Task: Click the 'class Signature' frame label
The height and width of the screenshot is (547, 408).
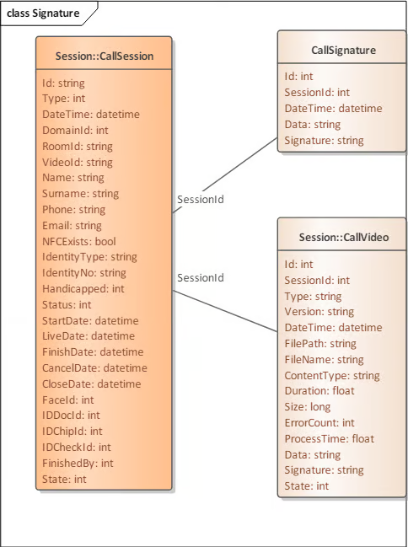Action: [43, 13]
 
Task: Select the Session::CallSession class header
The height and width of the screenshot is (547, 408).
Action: [105, 56]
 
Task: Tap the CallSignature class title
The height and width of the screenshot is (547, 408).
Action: [343, 51]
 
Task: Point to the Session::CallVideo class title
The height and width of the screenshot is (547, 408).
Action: [344, 237]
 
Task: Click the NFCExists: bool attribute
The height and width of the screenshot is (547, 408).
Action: [79, 241]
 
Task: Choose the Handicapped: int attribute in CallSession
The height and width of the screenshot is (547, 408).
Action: [83, 289]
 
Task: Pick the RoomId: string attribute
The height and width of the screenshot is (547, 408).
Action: [78, 146]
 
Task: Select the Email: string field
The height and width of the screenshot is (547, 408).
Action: [72, 226]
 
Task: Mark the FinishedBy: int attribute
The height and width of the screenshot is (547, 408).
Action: [78, 464]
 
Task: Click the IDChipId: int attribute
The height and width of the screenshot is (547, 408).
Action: [72, 432]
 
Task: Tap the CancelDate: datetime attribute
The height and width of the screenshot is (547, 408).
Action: [94, 368]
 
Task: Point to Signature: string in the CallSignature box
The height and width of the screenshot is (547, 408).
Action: [324, 141]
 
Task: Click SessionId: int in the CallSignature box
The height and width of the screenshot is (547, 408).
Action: [317, 93]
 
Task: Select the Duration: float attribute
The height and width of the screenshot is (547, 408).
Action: [319, 391]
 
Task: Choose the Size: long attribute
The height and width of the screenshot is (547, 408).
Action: [307, 407]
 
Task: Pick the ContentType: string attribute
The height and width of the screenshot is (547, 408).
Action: [332, 376]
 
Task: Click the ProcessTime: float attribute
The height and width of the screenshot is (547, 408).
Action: [329, 439]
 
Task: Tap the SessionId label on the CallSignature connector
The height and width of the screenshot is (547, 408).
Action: [201, 200]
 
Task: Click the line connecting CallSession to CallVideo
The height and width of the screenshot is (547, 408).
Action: [225, 311]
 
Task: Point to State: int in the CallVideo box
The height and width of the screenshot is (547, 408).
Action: [307, 486]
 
